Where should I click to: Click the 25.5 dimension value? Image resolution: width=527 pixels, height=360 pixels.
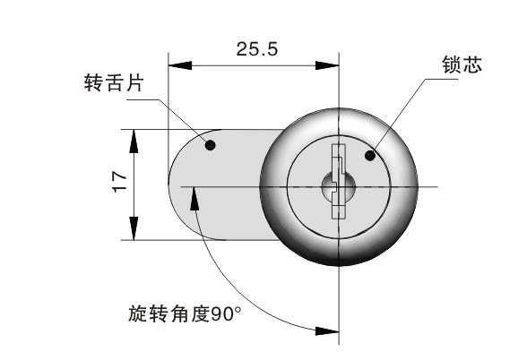pos(257,49)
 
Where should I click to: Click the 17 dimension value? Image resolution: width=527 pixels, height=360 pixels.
pos(119,181)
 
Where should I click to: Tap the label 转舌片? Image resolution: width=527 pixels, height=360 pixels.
pos(114,82)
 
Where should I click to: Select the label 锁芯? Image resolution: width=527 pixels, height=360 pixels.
pos(462,64)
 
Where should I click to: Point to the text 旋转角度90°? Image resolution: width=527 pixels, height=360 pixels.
pos(185,313)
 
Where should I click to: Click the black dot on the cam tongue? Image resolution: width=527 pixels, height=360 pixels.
pos(210,145)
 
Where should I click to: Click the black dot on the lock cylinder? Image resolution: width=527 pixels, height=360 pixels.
pos(369,156)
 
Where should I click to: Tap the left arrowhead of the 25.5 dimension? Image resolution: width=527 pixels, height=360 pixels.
pos(180,65)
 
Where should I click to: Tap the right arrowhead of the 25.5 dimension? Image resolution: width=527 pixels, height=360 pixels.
pos(327,65)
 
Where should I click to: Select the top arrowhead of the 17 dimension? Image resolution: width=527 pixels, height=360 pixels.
pos(134,141)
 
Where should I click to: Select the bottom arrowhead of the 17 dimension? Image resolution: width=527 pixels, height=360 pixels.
pos(134,228)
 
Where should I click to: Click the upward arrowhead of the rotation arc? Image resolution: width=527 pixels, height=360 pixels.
pos(194,199)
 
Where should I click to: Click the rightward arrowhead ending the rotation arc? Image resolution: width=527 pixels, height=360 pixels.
pos(327,331)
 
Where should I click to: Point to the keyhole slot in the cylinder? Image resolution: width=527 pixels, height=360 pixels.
pos(338,181)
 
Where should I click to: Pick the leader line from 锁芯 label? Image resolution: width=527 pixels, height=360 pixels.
pos(404,111)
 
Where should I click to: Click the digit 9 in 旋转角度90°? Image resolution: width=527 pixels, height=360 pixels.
pos(217,314)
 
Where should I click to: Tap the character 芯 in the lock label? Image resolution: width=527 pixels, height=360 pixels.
pos(472,64)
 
